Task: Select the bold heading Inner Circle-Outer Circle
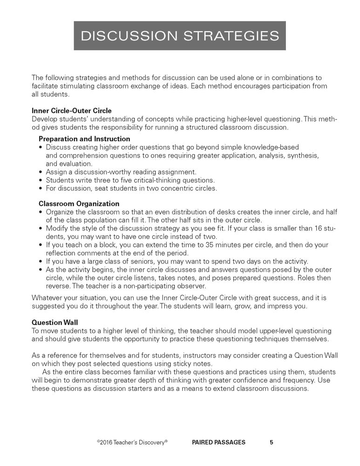pyautogui.click(x=71, y=110)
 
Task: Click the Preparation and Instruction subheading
pyautogui.click(x=84, y=139)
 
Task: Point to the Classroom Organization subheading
pyautogui.click(x=79, y=204)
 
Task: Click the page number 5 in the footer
pyautogui.click(x=272, y=442)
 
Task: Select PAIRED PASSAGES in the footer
pyautogui.click(x=218, y=442)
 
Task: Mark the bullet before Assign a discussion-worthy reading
pyautogui.click(x=41, y=172)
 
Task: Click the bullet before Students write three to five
pyautogui.click(x=41, y=180)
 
